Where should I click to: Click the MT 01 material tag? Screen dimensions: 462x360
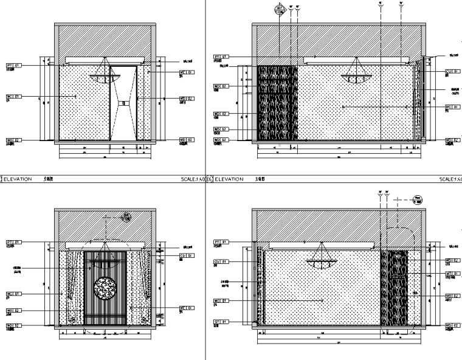[x=451, y=274]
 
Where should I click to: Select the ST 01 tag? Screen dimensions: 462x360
[x=219, y=321]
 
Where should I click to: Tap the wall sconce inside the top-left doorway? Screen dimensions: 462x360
[x=125, y=103]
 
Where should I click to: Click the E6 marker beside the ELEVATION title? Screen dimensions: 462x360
[x=209, y=180]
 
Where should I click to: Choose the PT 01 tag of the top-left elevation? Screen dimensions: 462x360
[x=13, y=64]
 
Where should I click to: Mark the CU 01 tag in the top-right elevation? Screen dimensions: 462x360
[x=451, y=71]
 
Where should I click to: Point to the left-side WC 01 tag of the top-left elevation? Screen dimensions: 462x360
[x=13, y=96]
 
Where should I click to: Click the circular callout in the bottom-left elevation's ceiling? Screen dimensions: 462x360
[x=126, y=216]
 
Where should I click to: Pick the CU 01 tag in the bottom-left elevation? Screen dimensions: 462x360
[x=187, y=256]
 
